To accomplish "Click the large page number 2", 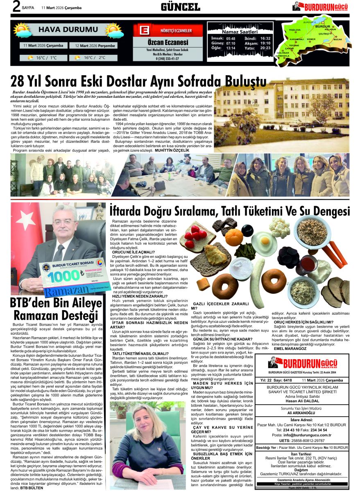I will (x=16, y=7).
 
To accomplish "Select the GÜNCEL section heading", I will (x=180, y=7).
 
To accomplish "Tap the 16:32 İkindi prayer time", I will (x=265, y=38).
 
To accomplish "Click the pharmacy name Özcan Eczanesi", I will (x=168, y=43).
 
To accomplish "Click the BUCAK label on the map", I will (x=337, y=39).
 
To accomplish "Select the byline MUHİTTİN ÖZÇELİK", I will (x=172, y=151).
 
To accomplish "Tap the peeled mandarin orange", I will (x=234, y=238).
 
